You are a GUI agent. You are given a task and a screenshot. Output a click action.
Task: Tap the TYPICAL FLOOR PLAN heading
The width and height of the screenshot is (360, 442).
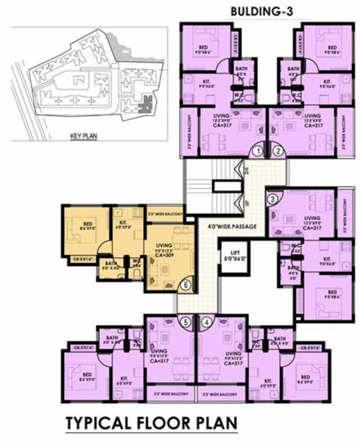tap(151, 424)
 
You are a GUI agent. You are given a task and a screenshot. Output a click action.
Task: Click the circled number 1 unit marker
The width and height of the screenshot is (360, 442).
tap(258, 152)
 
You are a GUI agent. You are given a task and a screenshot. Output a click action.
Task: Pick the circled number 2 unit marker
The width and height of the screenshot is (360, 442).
tap(278, 152)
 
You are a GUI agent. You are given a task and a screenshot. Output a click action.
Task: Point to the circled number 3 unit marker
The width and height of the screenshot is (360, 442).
tap(272, 197)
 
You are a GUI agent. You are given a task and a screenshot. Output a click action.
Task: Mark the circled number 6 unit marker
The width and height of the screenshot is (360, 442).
tap(186, 284)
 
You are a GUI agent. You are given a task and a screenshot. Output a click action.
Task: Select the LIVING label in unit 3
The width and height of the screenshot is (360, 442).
tap(313, 219)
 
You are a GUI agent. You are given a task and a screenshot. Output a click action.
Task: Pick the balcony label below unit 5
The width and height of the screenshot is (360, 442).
tap(169, 395)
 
